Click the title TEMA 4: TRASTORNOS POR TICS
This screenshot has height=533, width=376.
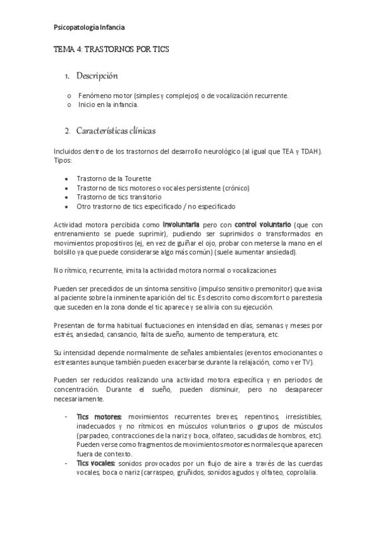point(110,48)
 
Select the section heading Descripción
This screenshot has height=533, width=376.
point(97,76)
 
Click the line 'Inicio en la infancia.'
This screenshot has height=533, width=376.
point(108,104)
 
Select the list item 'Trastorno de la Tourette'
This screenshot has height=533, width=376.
point(114,179)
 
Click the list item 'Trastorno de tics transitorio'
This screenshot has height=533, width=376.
point(119,197)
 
